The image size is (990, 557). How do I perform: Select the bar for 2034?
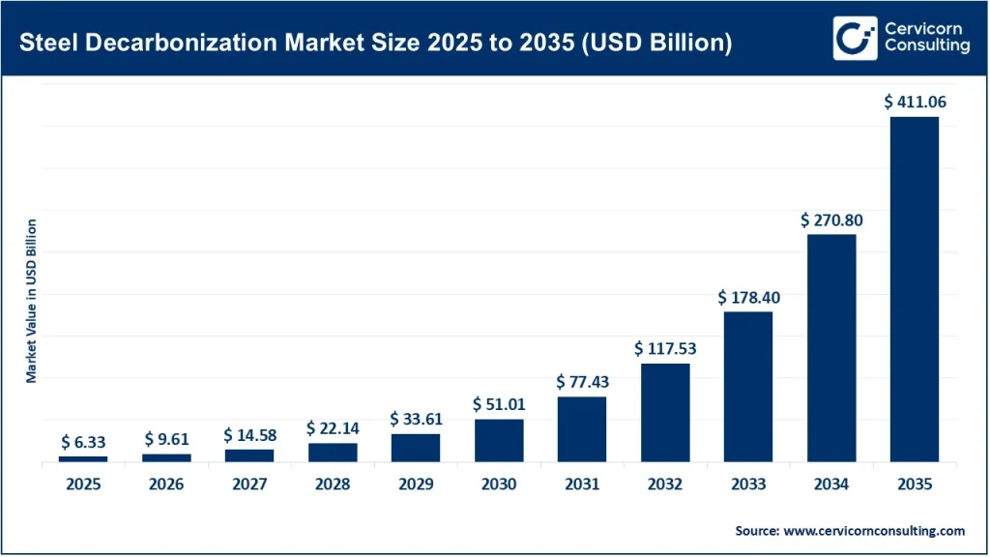coord(831,347)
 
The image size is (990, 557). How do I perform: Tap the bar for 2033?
coord(748,386)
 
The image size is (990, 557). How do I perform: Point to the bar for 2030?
coord(499,440)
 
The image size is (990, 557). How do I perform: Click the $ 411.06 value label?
coord(915,101)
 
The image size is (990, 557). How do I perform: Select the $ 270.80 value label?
coord(831,220)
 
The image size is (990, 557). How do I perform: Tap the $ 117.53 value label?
coord(665,348)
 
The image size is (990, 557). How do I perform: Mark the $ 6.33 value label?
coord(83,442)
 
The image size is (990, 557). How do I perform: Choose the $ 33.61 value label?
coord(416,419)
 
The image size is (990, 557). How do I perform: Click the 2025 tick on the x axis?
coord(83,484)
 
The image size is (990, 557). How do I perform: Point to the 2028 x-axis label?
coord(333,484)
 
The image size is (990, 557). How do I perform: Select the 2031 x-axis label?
coord(582,484)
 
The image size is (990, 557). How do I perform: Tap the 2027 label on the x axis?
coord(249,484)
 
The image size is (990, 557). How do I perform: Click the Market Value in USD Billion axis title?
coord(32,301)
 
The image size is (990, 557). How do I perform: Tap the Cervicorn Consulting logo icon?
coord(855,38)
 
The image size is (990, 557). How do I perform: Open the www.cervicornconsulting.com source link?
coord(875,531)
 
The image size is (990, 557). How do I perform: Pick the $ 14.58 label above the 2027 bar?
coord(249,435)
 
